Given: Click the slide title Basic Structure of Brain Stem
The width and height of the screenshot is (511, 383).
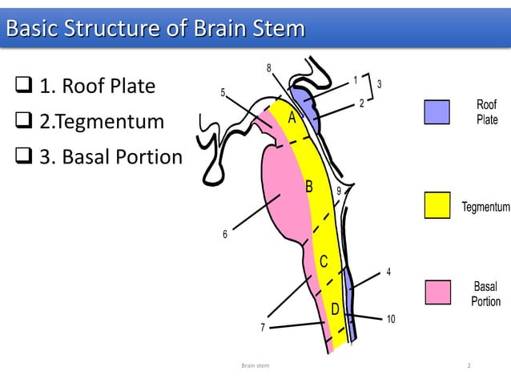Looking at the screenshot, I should coord(155,30).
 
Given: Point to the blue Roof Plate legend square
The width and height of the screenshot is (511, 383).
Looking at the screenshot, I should coord(437,113).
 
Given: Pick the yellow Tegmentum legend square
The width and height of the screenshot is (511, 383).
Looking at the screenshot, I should coord(437,205).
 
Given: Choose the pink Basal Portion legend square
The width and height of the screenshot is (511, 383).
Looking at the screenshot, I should coord(437,292).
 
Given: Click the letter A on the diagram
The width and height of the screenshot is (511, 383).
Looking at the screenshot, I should coord(292,119).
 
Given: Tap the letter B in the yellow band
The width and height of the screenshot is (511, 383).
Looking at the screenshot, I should coord(308,187).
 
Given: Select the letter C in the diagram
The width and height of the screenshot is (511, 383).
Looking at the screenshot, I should coord(324,262).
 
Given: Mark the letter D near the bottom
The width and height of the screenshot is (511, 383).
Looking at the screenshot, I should coord(336,308).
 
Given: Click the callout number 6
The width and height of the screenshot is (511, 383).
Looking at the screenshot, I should coord(225,234).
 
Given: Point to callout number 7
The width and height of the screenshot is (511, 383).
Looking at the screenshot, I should coord(262,328).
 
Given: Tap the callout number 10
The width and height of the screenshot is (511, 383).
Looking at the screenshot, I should coord(391,320).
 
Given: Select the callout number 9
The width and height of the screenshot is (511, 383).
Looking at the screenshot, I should coord(338,191).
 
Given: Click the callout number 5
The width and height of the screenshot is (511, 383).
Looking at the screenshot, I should coord(223,94).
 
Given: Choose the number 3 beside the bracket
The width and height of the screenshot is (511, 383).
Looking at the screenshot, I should coord(379,84).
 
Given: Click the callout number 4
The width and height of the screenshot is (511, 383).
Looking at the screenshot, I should coord(388,272).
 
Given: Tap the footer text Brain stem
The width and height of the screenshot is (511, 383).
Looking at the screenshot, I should coord(255,365).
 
